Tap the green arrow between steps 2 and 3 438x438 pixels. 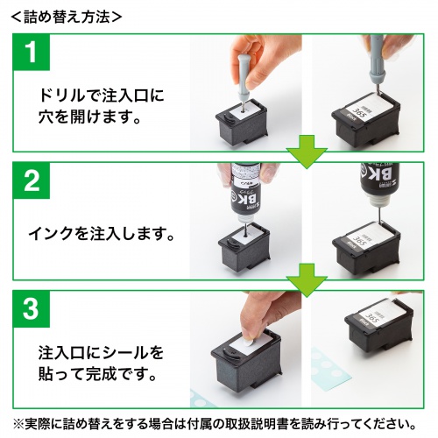306,279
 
